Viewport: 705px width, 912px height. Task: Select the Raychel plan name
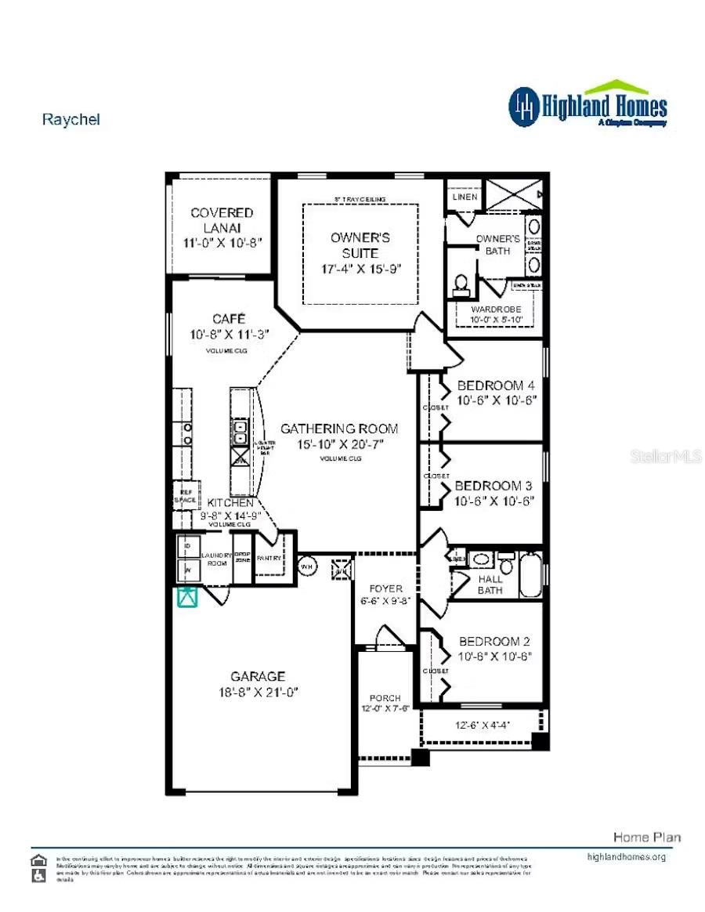coord(70,120)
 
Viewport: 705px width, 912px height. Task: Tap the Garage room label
coord(258,676)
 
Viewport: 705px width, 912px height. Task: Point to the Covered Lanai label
coord(222,219)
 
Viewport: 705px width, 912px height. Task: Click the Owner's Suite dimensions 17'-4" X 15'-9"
coord(360,268)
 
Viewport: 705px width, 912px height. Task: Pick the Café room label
coord(229,319)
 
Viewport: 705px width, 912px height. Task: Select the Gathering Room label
coord(339,429)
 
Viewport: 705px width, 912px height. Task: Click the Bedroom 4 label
coord(496,385)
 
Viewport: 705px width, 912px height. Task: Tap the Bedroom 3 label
coord(493,485)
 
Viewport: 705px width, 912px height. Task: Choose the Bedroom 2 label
coord(495,641)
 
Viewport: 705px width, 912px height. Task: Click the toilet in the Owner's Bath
coord(461,284)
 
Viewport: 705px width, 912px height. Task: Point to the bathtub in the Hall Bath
coord(531,574)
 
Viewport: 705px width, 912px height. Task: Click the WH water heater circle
coord(306,566)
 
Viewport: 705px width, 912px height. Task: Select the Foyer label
coord(385,588)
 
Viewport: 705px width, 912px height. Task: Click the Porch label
coord(385,697)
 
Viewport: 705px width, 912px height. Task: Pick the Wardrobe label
coord(495,309)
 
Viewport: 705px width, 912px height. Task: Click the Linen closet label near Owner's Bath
coord(465,197)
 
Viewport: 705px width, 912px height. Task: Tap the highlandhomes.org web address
coord(626,856)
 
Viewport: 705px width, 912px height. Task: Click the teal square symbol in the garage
coord(186,597)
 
